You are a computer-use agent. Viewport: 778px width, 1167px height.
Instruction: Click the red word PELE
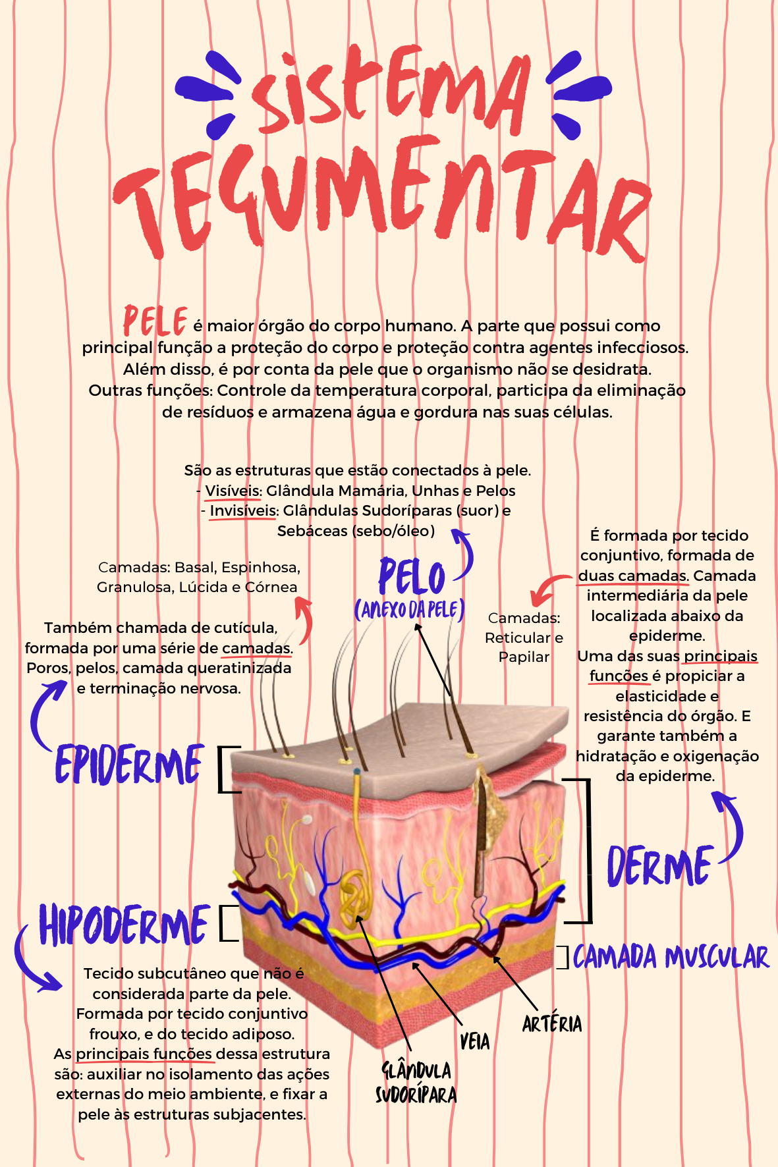click(155, 321)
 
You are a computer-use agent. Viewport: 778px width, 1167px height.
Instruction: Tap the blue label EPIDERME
click(128, 765)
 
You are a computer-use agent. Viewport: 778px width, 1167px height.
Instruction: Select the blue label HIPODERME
click(124, 925)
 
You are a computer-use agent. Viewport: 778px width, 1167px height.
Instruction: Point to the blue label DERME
click(659, 866)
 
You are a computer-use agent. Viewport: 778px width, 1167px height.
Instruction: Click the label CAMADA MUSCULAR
click(671, 957)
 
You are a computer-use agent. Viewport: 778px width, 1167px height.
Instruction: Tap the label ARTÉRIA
click(552, 1023)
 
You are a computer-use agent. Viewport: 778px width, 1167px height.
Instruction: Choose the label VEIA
click(474, 1042)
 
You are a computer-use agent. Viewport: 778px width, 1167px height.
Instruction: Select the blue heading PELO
click(412, 577)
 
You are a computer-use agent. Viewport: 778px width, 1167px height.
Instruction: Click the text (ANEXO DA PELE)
click(410, 610)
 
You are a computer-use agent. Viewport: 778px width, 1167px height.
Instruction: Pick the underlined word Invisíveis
click(243, 511)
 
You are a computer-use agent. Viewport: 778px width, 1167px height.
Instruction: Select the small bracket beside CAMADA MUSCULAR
click(563, 958)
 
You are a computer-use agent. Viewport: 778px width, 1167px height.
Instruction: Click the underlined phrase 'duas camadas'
click(632, 576)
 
